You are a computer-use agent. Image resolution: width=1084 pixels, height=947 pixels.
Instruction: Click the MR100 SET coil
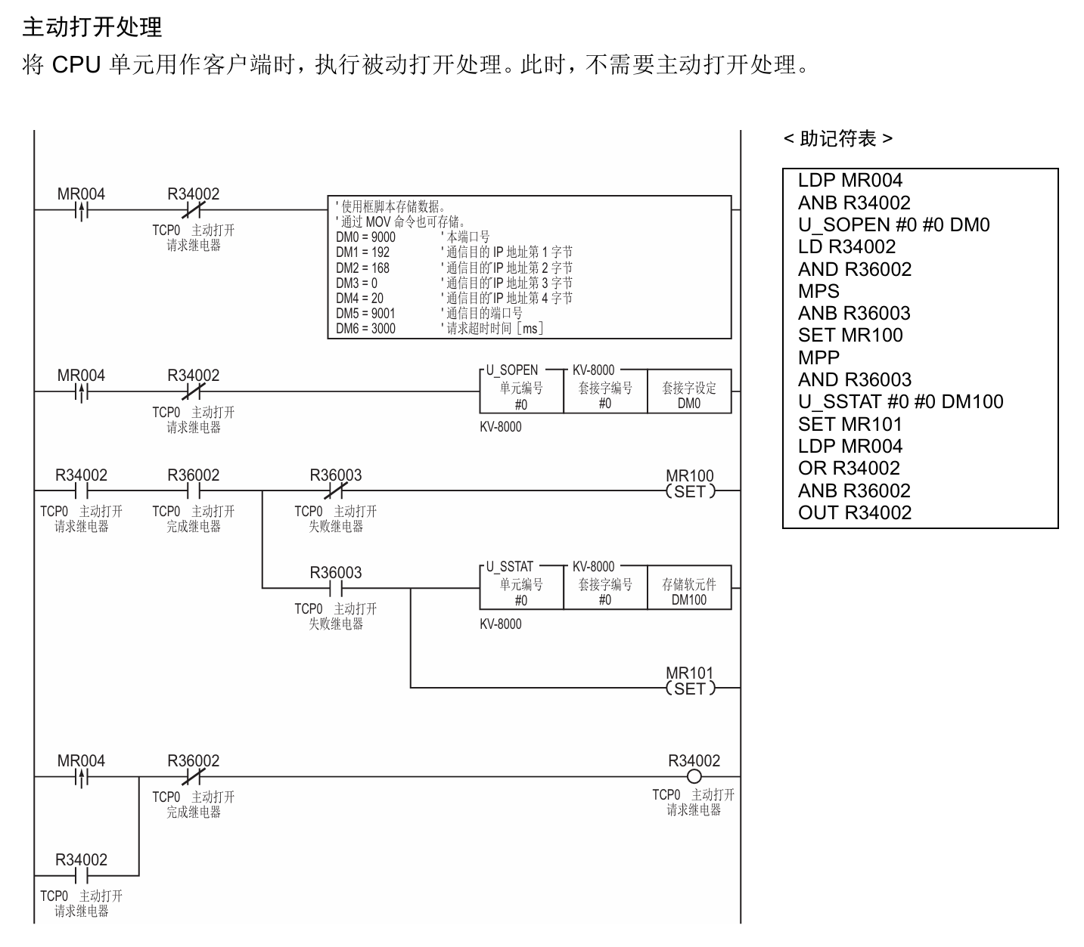[691, 491]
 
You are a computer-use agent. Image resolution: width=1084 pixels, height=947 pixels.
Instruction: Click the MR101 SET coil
[691, 689]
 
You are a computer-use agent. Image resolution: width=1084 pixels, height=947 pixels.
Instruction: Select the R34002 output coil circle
[694, 776]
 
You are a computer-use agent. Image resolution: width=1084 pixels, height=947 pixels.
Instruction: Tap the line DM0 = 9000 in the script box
[365, 237]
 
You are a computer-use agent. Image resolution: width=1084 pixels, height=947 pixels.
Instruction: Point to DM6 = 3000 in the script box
[365, 329]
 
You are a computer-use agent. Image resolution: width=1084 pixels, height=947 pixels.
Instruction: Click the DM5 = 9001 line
[365, 314]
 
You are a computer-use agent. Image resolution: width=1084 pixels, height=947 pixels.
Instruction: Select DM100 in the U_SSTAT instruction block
[689, 600]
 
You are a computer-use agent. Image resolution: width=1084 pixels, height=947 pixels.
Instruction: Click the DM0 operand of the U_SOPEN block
[689, 404]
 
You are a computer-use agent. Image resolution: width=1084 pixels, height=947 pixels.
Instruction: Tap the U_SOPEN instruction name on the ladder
[512, 370]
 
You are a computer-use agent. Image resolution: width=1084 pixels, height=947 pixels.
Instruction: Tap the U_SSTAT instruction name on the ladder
[510, 566]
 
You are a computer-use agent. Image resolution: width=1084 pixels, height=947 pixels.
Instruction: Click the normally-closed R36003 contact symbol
[335, 491]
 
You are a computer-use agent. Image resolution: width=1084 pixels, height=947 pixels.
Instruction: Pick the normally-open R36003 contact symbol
[335, 588]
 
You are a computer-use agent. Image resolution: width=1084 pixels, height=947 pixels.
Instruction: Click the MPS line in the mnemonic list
[818, 291]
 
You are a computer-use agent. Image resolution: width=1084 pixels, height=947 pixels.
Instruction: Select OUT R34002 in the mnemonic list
[855, 512]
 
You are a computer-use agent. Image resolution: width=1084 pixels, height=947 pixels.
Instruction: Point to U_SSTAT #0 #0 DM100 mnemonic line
[901, 402]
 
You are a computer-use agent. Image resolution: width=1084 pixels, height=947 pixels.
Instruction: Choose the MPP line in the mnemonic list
[818, 357]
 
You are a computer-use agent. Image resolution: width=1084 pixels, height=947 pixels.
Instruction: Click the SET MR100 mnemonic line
[850, 335]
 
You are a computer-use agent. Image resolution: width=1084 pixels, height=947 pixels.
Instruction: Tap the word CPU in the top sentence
[76, 64]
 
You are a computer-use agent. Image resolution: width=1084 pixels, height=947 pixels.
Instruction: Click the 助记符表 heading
[838, 139]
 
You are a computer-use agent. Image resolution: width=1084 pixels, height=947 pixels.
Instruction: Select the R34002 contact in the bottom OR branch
[81, 876]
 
